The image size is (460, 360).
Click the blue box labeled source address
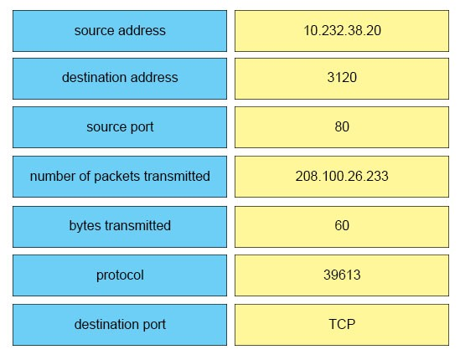click(x=120, y=31)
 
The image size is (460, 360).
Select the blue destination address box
click(x=120, y=79)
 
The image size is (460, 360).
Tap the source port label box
click(x=120, y=127)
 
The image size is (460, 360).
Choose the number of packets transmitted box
click(x=120, y=177)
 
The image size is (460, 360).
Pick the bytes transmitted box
click(x=120, y=227)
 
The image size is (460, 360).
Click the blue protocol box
click(x=120, y=275)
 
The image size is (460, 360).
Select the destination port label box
click(x=120, y=325)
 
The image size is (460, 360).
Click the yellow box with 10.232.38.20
click(x=342, y=31)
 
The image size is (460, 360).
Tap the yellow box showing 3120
click(x=342, y=79)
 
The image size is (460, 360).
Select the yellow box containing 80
click(x=342, y=127)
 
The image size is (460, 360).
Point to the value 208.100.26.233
click(x=342, y=177)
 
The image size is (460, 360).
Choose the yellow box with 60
click(x=342, y=227)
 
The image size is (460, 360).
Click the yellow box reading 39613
click(x=342, y=275)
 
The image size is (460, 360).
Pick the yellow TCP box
click(x=342, y=325)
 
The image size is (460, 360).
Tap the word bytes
click(x=85, y=226)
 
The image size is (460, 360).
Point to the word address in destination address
click(x=154, y=77)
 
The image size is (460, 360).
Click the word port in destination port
click(x=154, y=325)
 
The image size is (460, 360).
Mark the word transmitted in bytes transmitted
click(x=138, y=225)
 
